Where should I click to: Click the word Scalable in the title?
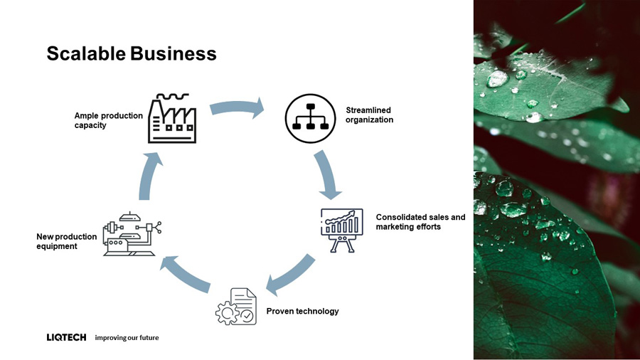(86, 53)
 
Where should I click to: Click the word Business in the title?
(174, 53)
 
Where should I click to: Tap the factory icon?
(172, 118)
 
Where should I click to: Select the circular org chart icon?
(310, 118)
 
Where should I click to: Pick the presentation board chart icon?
(341, 231)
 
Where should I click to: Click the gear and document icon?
(236, 307)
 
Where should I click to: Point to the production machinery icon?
(132, 234)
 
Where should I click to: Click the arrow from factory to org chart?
(237, 107)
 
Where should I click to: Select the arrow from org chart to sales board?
(326, 174)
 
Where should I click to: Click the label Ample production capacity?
(109, 120)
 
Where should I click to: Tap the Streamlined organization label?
(369, 115)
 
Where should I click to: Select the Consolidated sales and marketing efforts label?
(420, 222)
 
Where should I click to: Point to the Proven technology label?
(302, 311)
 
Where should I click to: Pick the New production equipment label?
(67, 241)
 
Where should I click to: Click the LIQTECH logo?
(67, 337)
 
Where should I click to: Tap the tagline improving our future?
(127, 337)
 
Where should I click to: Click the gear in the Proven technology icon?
(227, 313)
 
